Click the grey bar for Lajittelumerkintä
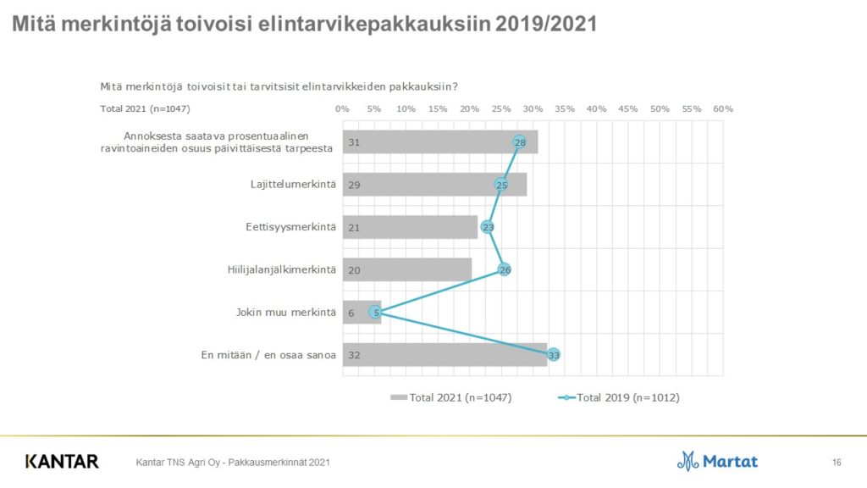pyautogui.click(x=434, y=185)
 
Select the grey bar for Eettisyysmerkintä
pyautogui.click(x=410, y=227)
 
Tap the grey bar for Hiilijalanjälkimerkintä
pyautogui.click(x=406, y=269)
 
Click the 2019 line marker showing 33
pyautogui.click(x=555, y=355)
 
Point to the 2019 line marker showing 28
pyautogui.click(x=520, y=142)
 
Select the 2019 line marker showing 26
pyautogui.click(x=505, y=269)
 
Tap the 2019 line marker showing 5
pyautogui.click(x=374, y=312)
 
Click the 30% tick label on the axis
pyautogui.click(x=533, y=109)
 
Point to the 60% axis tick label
pyautogui.click(x=723, y=109)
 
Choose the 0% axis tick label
pyautogui.click(x=343, y=109)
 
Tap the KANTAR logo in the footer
pyautogui.click(x=62, y=462)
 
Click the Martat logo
pyautogui.click(x=717, y=461)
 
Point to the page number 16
pyautogui.click(x=837, y=462)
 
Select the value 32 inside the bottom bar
pyautogui.click(x=355, y=355)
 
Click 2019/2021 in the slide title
pyautogui.click(x=547, y=25)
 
